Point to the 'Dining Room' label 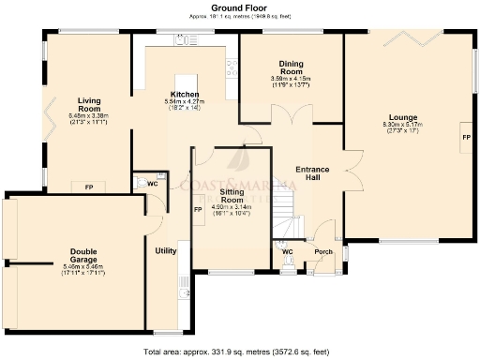pyautogui.click(x=291, y=68)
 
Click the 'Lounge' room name pyautogui.click(x=406, y=118)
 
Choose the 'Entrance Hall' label pyautogui.click(x=312, y=172)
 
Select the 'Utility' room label pyautogui.click(x=166, y=251)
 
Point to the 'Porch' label pyautogui.click(x=323, y=251)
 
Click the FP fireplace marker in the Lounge pyautogui.click(x=465, y=138)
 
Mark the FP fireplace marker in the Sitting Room pyautogui.click(x=198, y=209)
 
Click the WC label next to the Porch pyautogui.click(x=289, y=251)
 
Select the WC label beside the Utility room pyautogui.click(x=151, y=184)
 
